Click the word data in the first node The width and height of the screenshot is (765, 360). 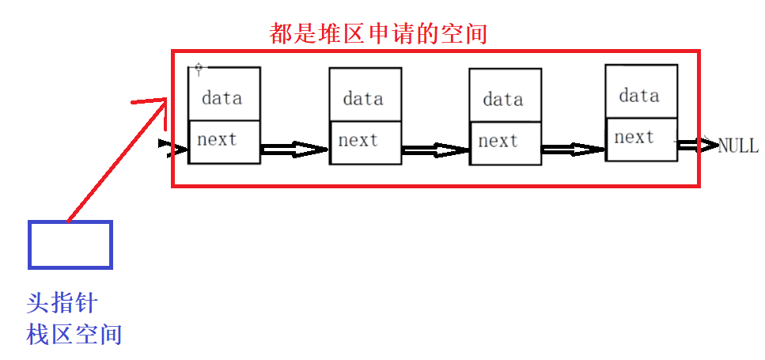222,99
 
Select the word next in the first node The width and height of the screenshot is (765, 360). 217,140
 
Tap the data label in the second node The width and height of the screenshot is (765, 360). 363,99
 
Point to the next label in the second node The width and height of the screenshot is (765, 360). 358,141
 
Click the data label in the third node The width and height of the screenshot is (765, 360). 503,100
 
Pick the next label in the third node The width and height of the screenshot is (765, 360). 498,142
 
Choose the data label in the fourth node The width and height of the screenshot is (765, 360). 639,96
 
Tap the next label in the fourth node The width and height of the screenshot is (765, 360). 634,138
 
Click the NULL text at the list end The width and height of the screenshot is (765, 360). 737,146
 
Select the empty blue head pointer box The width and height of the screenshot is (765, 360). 70,244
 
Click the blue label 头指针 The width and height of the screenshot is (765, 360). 62,303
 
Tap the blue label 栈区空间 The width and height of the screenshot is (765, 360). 74,334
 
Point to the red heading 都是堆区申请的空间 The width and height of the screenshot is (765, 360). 377,33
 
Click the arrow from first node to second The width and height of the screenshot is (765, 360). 294,149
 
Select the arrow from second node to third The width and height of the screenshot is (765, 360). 435,150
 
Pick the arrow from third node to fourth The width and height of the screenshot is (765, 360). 574,149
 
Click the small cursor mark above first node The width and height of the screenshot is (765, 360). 199,69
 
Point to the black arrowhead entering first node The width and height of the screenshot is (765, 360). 165,145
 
